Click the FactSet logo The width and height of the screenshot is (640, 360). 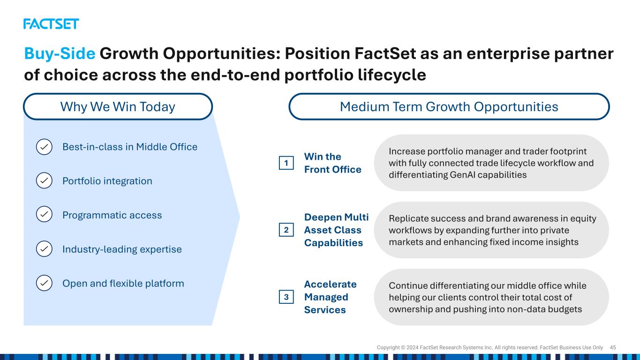(51, 24)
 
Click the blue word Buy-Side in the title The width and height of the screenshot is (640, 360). (60, 53)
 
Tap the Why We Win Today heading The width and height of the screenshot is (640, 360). (118, 106)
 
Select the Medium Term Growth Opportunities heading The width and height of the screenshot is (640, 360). (449, 106)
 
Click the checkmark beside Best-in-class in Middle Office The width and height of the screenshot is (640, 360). (44, 147)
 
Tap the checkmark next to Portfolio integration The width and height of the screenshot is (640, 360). (44, 180)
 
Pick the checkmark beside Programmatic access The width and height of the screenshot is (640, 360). (44, 214)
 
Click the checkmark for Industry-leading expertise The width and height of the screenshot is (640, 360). (44, 249)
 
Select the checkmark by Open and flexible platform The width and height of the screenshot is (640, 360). (44, 283)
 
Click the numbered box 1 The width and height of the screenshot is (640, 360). (286, 163)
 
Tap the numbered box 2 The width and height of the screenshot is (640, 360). (286, 230)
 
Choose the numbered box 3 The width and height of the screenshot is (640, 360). (286, 297)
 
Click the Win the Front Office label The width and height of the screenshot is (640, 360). (332, 163)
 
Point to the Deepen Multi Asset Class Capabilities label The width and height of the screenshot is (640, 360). (336, 230)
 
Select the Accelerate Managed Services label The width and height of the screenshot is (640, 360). (330, 297)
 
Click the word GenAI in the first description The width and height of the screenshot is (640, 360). (462, 174)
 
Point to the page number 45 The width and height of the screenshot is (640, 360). (613, 347)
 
